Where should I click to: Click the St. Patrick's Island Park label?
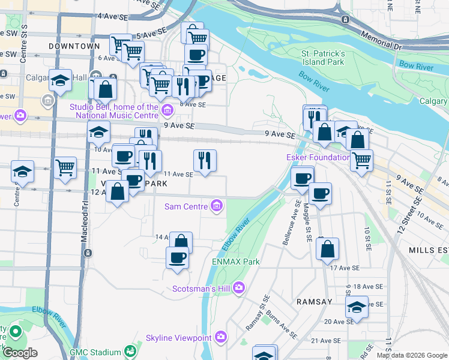pyautogui.click(x=323, y=58)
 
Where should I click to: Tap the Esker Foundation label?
pyautogui.click(x=318, y=158)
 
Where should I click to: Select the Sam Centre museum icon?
pyautogui.click(x=217, y=206)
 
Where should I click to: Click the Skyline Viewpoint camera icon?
pyautogui.click(x=221, y=338)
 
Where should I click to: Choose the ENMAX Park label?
pyautogui.click(x=236, y=262)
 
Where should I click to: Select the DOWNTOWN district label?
pyautogui.click(x=74, y=46)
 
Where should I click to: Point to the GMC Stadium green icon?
pyautogui.click(x=130, y=352)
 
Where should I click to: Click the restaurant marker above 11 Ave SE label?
pyautogui.click(x=205, y=161)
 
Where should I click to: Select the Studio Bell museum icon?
pyautogui.click(x=167, y=109)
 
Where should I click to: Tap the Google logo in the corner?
pyautogui.click(x=20, y=353)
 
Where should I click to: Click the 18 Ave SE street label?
pyautogui.click(x=364, y=287)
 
